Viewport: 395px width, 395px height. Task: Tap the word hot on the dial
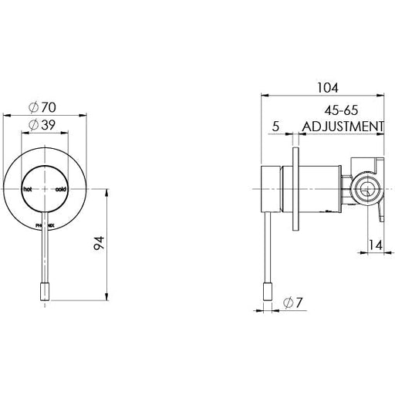29,188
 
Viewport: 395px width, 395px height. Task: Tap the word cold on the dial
60,188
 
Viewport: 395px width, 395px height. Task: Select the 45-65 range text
343,110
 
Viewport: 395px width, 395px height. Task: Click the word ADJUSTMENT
343,127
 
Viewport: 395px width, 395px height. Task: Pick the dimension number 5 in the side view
275,127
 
